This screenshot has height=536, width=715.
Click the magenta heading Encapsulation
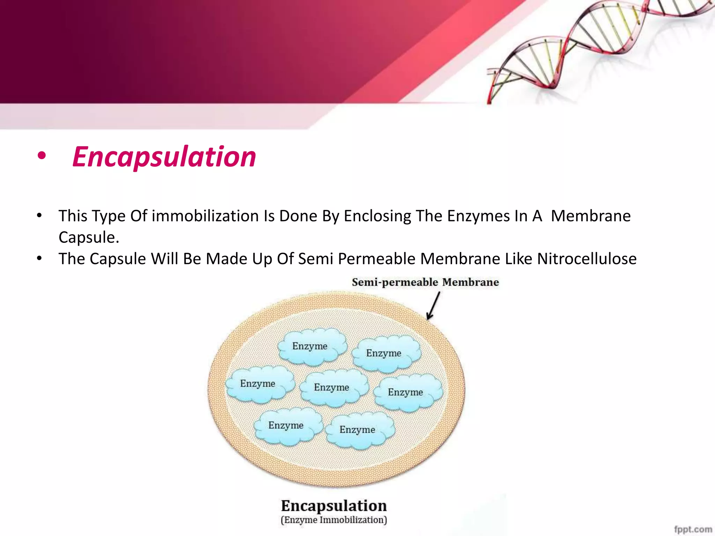(x=164, y=157)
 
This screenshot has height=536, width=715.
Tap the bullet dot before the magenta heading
(x=42, y=156)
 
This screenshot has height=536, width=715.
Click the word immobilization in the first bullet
(x=205, y=216)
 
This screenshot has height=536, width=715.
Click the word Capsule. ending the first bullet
(x=89, y=238)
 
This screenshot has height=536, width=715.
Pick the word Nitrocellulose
(x=587, y=259)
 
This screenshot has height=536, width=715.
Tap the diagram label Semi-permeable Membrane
(x=425, y=282)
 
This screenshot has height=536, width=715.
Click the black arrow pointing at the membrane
(x=433, y=306)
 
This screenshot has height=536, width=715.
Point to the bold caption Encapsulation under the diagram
(x=334, y=506)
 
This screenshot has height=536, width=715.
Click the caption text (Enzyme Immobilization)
(x=334, y=520)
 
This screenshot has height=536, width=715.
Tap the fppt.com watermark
(x=693, y=529)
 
